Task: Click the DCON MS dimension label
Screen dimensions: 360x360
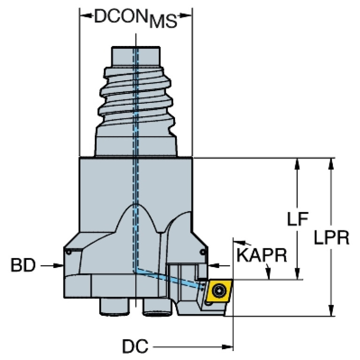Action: [136, 18]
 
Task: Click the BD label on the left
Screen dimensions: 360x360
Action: [23, 266]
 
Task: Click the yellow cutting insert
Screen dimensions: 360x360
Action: [219, 291]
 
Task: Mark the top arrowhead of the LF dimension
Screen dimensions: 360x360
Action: [297, 162]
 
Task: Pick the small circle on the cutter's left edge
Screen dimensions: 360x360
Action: [69, 252]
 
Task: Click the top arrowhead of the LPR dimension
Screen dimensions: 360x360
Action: [332, 162]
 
